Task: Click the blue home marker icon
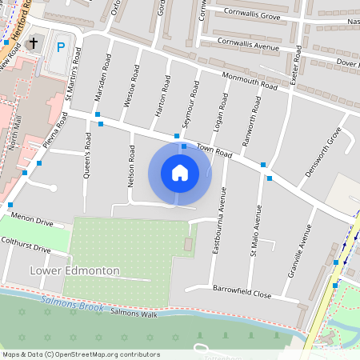pos(180,172)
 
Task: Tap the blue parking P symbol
pos(61,47)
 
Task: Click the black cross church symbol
pos(33,42)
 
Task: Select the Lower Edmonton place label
pos(74,271)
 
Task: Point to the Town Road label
pos(214,152)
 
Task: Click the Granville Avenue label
pos(303,249)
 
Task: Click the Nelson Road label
pos(130,166)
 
